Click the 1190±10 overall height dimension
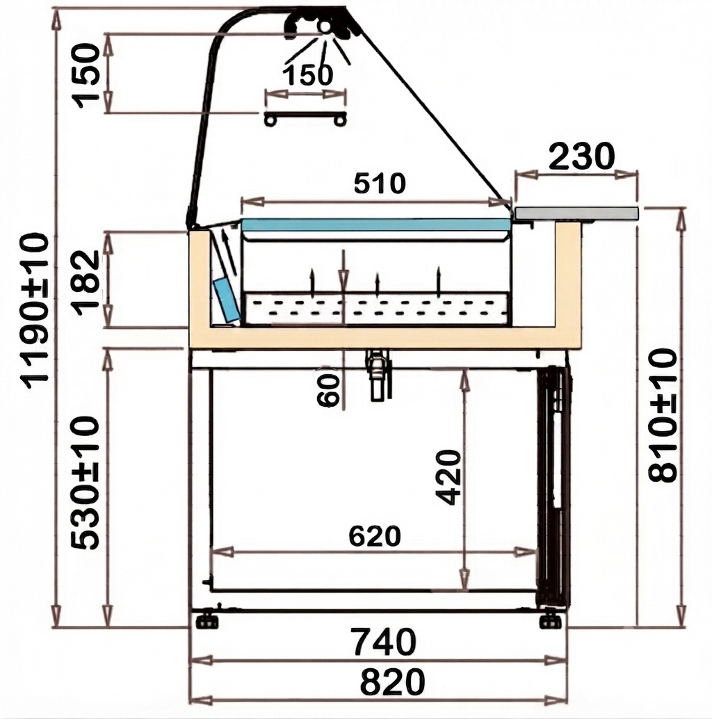(35, 311)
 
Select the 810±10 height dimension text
(663, 415)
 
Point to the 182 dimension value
(86, 283)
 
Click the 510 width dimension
(380, 184)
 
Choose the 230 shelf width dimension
(581, 156)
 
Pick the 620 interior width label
(375, 536)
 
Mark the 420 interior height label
(448, 477)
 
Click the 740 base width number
(383, 642)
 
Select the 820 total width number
(392, 682)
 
